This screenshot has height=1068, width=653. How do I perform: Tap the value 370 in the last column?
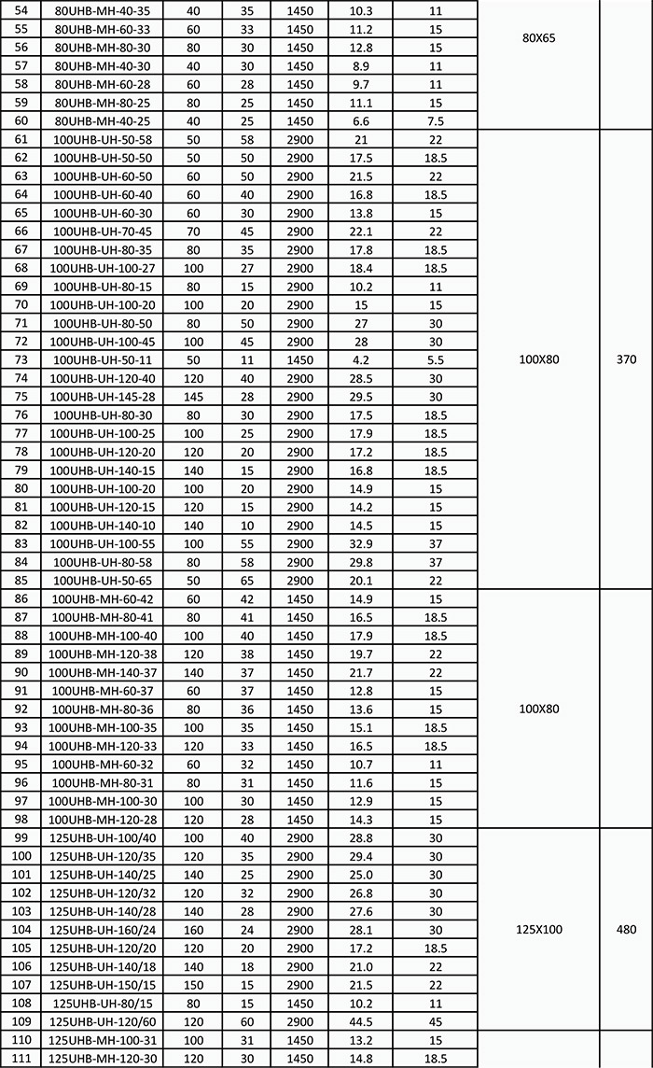click(x=626, y=358)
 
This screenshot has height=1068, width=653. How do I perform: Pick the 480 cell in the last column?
click(x=626, y=929)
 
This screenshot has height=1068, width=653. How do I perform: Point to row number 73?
click(x=22, y=359)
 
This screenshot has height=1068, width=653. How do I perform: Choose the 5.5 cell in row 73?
click(x=435, y=359)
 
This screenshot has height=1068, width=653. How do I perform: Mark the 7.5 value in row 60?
click(x=435, y=120)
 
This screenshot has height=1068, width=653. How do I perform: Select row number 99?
click(x=22, y=837)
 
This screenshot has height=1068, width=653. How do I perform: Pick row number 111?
click(x=22, y=1057)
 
